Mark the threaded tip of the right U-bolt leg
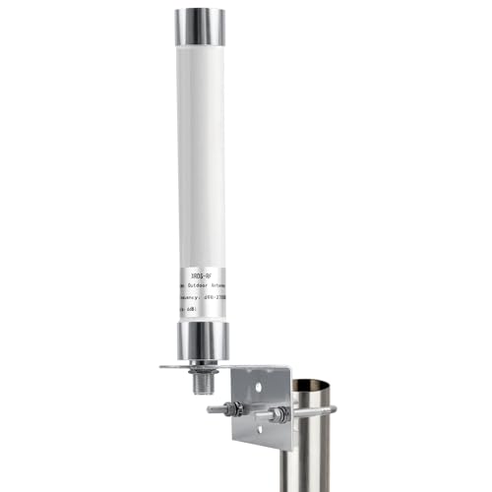click(263, 415)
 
